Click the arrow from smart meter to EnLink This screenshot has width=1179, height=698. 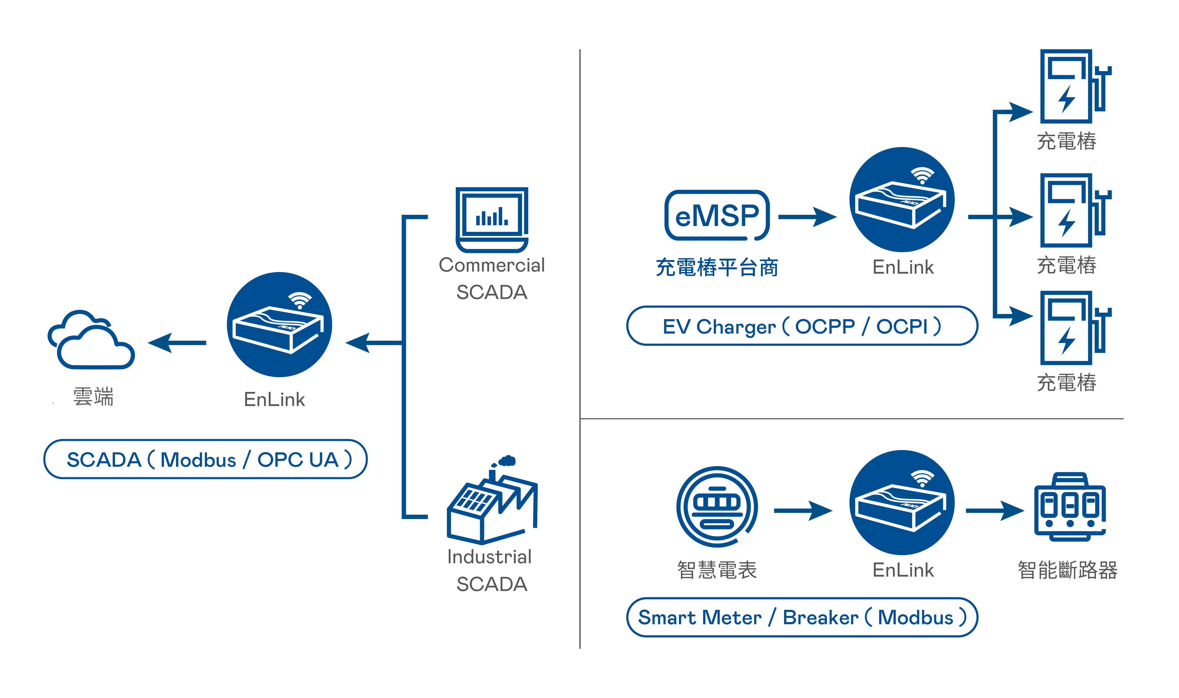click(x=803, y=510)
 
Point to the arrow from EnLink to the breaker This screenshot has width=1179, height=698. click(x=994, y=510)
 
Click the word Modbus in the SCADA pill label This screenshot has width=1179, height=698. click(x=198, y=460)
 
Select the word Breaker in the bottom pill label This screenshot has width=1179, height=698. click(x=820, y=618)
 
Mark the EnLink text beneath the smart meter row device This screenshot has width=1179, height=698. click(x=903, y=570)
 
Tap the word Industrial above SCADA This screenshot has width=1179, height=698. click(x=489, y=557)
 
